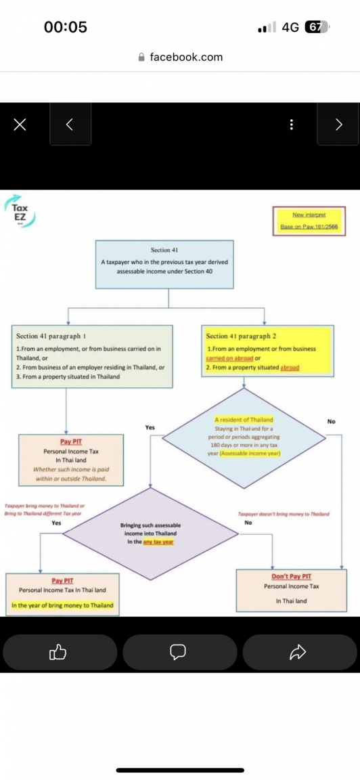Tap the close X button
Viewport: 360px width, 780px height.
(x=20, y=124)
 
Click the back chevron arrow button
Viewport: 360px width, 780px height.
(x=70, y=124)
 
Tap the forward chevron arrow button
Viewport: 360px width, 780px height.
(x=339, y=124)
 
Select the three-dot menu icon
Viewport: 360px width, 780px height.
(x=291, y=125)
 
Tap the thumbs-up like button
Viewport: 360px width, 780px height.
(x=59, y=652)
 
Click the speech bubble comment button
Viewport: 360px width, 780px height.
(x=178, y=652)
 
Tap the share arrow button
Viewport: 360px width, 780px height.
(x=298, y=652)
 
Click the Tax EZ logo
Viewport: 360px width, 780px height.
(x=21, y=211)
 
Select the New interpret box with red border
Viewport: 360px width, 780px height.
(x=309, y=221)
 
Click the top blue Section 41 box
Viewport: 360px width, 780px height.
(x=164, y=264)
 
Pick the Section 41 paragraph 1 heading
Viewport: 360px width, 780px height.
(x=51, y=336)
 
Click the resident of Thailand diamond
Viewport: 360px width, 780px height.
(x=244, y=437)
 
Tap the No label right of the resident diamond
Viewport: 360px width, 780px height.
(x=331, y=421)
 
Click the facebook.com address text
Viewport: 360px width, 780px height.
(x=186, y=57)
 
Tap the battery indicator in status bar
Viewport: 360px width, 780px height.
(x=317, y=27)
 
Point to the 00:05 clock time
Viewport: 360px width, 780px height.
(x=66, y=27)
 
